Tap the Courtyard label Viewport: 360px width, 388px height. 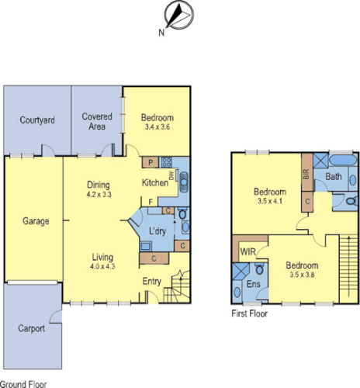(36, 120)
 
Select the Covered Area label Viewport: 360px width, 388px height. (97, 121)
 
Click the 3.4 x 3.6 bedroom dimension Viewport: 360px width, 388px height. (157, 126)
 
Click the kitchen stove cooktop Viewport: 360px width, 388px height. (168, 162)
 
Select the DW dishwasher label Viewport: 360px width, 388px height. (170, 176)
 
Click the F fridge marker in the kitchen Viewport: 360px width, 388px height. (152, 201)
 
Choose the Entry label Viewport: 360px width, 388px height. (151, 282)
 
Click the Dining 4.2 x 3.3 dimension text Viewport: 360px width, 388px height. (99, 195)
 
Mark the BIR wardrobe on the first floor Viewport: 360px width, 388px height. (306, 176)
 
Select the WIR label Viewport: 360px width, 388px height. (249, 251)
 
